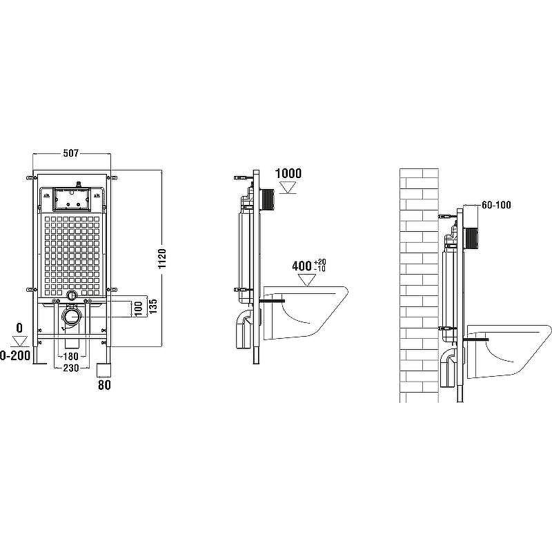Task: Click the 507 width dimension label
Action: [71, 153]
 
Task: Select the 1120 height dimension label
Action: [162, 259]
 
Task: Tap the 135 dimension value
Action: [152, 306]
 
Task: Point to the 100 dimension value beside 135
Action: [139, 308]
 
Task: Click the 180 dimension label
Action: [71, 356]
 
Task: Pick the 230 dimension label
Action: [71, 368]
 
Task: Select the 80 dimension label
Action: [104, 385]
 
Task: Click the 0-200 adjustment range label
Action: [14, 355]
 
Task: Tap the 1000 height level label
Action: [288, 173]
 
